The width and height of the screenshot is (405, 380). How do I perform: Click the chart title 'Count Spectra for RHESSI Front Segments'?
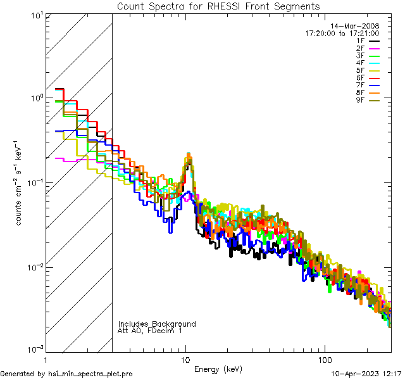click(218, 6)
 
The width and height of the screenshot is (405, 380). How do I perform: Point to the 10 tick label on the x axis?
click(185, 359)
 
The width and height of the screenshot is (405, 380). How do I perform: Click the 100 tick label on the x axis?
click(325, 359)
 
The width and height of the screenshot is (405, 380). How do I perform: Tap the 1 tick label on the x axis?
click(46, 359)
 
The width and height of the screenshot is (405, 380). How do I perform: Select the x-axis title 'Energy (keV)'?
click(218, 369)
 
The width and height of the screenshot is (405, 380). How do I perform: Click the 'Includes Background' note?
click(157, 324)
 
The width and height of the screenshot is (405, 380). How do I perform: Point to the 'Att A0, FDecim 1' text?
click(150, 331)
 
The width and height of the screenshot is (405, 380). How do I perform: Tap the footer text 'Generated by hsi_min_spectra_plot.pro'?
click(66, 374)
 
